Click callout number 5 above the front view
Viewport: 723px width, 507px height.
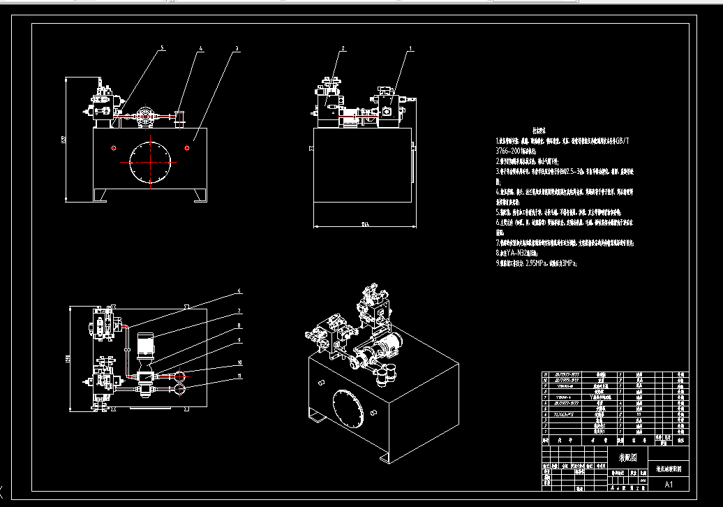point(163,48)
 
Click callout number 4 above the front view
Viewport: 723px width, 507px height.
point(200,48)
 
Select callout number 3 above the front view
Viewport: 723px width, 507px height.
point(237,48)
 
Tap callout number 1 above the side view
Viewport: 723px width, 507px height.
point(410,49)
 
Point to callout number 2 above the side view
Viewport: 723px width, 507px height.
point(343,49)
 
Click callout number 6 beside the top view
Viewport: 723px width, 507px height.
point(239,291)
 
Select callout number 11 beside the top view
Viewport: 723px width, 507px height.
point(239,376)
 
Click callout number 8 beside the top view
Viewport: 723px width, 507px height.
point(239,325)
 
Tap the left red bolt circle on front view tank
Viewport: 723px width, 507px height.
point(112,148)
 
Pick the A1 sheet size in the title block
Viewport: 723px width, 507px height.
point(669,484)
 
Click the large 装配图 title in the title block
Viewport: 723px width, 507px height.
point(627,457)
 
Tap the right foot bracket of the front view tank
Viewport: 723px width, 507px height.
point(198,195)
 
